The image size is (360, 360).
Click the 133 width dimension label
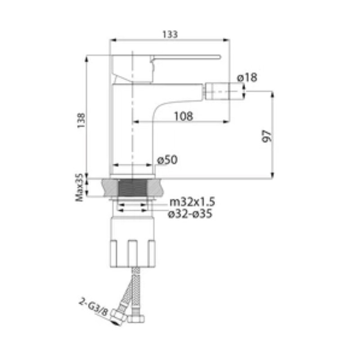170,35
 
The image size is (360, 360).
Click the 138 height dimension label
81,120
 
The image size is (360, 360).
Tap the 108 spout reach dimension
184,116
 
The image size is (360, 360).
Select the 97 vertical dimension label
267,136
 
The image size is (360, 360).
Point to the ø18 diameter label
247,77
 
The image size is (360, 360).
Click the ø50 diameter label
167,160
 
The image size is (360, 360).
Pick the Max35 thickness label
80,187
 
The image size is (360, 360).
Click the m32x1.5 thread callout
192,202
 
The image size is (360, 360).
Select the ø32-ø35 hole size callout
190,214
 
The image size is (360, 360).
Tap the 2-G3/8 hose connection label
93,307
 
